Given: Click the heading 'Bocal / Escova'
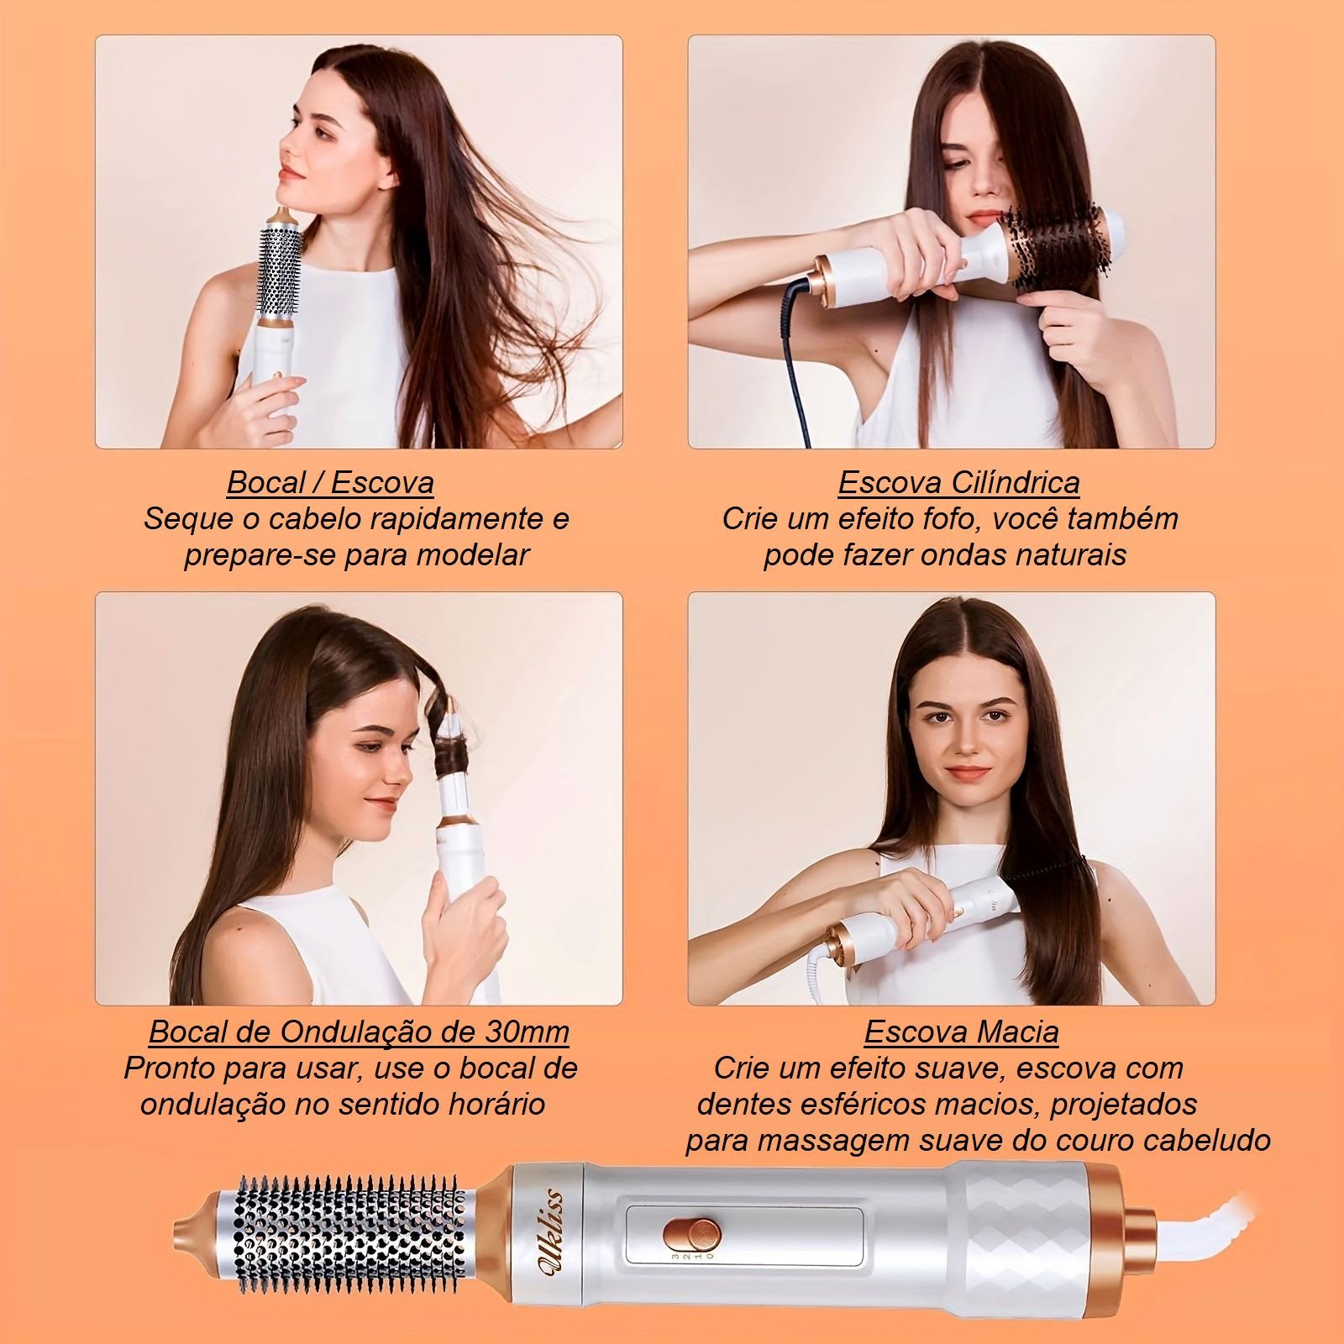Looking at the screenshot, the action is (x=330, y=483).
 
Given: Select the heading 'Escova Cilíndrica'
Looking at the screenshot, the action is (x=958, y=483).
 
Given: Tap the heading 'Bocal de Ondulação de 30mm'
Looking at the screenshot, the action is (x=359, y=1032).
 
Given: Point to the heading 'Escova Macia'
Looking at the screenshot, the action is (x=961, y=1032).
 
